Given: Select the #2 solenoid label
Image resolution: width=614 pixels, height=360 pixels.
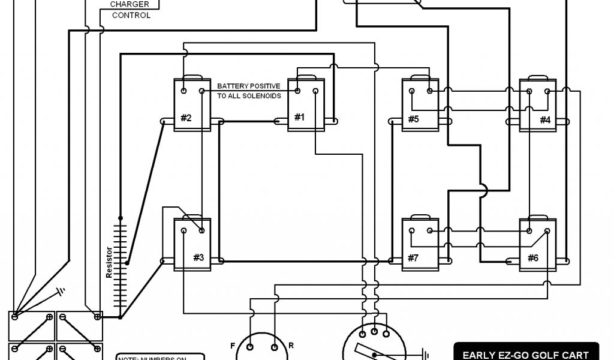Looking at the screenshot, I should (186, 118).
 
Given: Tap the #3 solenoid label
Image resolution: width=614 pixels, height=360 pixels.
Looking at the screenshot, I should (198, 257).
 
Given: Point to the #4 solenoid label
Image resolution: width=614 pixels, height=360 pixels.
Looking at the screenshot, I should (544, 119).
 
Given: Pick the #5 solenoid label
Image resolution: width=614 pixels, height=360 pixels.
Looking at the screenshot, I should (413, 119).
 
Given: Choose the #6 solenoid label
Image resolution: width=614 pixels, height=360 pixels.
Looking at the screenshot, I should (532, 258).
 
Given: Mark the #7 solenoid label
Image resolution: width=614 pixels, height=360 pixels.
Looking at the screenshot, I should (413, 258).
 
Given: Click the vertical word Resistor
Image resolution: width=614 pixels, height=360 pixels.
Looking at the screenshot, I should (109, 263).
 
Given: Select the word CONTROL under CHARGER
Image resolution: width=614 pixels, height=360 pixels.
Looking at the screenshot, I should (131, 15).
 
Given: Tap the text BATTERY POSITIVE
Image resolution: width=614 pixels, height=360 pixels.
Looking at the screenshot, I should (248, 86).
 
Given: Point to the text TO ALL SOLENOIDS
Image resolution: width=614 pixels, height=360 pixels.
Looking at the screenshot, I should (248, 96).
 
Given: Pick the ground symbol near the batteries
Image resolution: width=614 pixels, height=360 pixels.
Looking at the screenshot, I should (59, 294).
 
